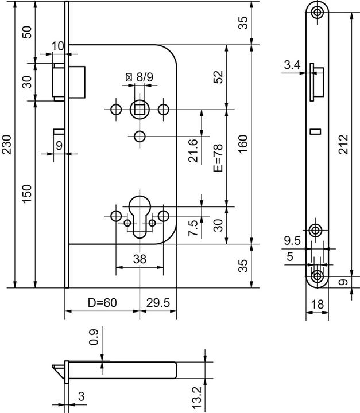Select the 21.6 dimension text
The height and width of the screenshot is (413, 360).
click(193, 150)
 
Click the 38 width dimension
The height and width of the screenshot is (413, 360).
click(140, 259)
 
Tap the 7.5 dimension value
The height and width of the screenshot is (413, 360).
click(193, 228)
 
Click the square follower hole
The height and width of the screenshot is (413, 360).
click(140, 108)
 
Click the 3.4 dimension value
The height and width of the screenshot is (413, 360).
click(292, 65)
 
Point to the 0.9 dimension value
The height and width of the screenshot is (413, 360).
click(94, 337)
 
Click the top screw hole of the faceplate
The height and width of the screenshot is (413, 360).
click(317, 12)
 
